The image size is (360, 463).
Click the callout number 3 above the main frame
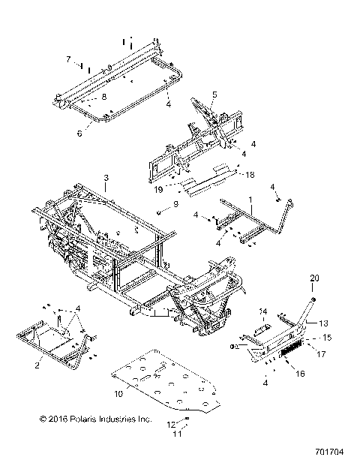coord(106,178)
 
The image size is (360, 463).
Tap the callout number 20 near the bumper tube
coord(315,278)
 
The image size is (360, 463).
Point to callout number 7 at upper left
coord(67,59)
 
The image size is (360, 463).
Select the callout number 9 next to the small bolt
coord(176,204)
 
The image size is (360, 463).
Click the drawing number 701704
coord(331,453)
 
